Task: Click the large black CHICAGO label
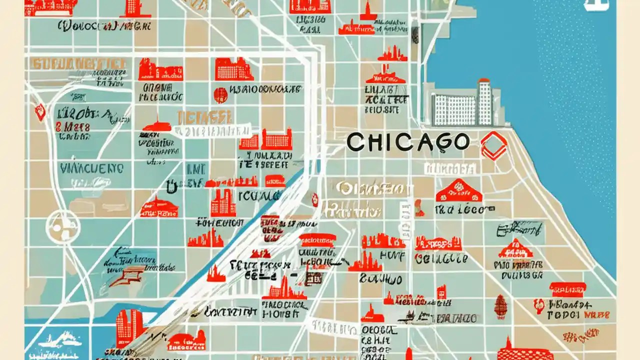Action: click(407, 142)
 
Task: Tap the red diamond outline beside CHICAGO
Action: click(493, 145)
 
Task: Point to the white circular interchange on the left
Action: click(62, 226)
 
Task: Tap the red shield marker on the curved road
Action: click(40, 112)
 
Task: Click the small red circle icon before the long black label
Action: click(220, 94)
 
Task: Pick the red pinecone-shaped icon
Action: click(500, 306)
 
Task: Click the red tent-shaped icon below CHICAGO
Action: click(458, 190)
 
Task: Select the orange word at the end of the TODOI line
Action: click(598, 315)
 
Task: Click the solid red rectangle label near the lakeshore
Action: click(567, 289)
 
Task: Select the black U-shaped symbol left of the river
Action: click(171, 186)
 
